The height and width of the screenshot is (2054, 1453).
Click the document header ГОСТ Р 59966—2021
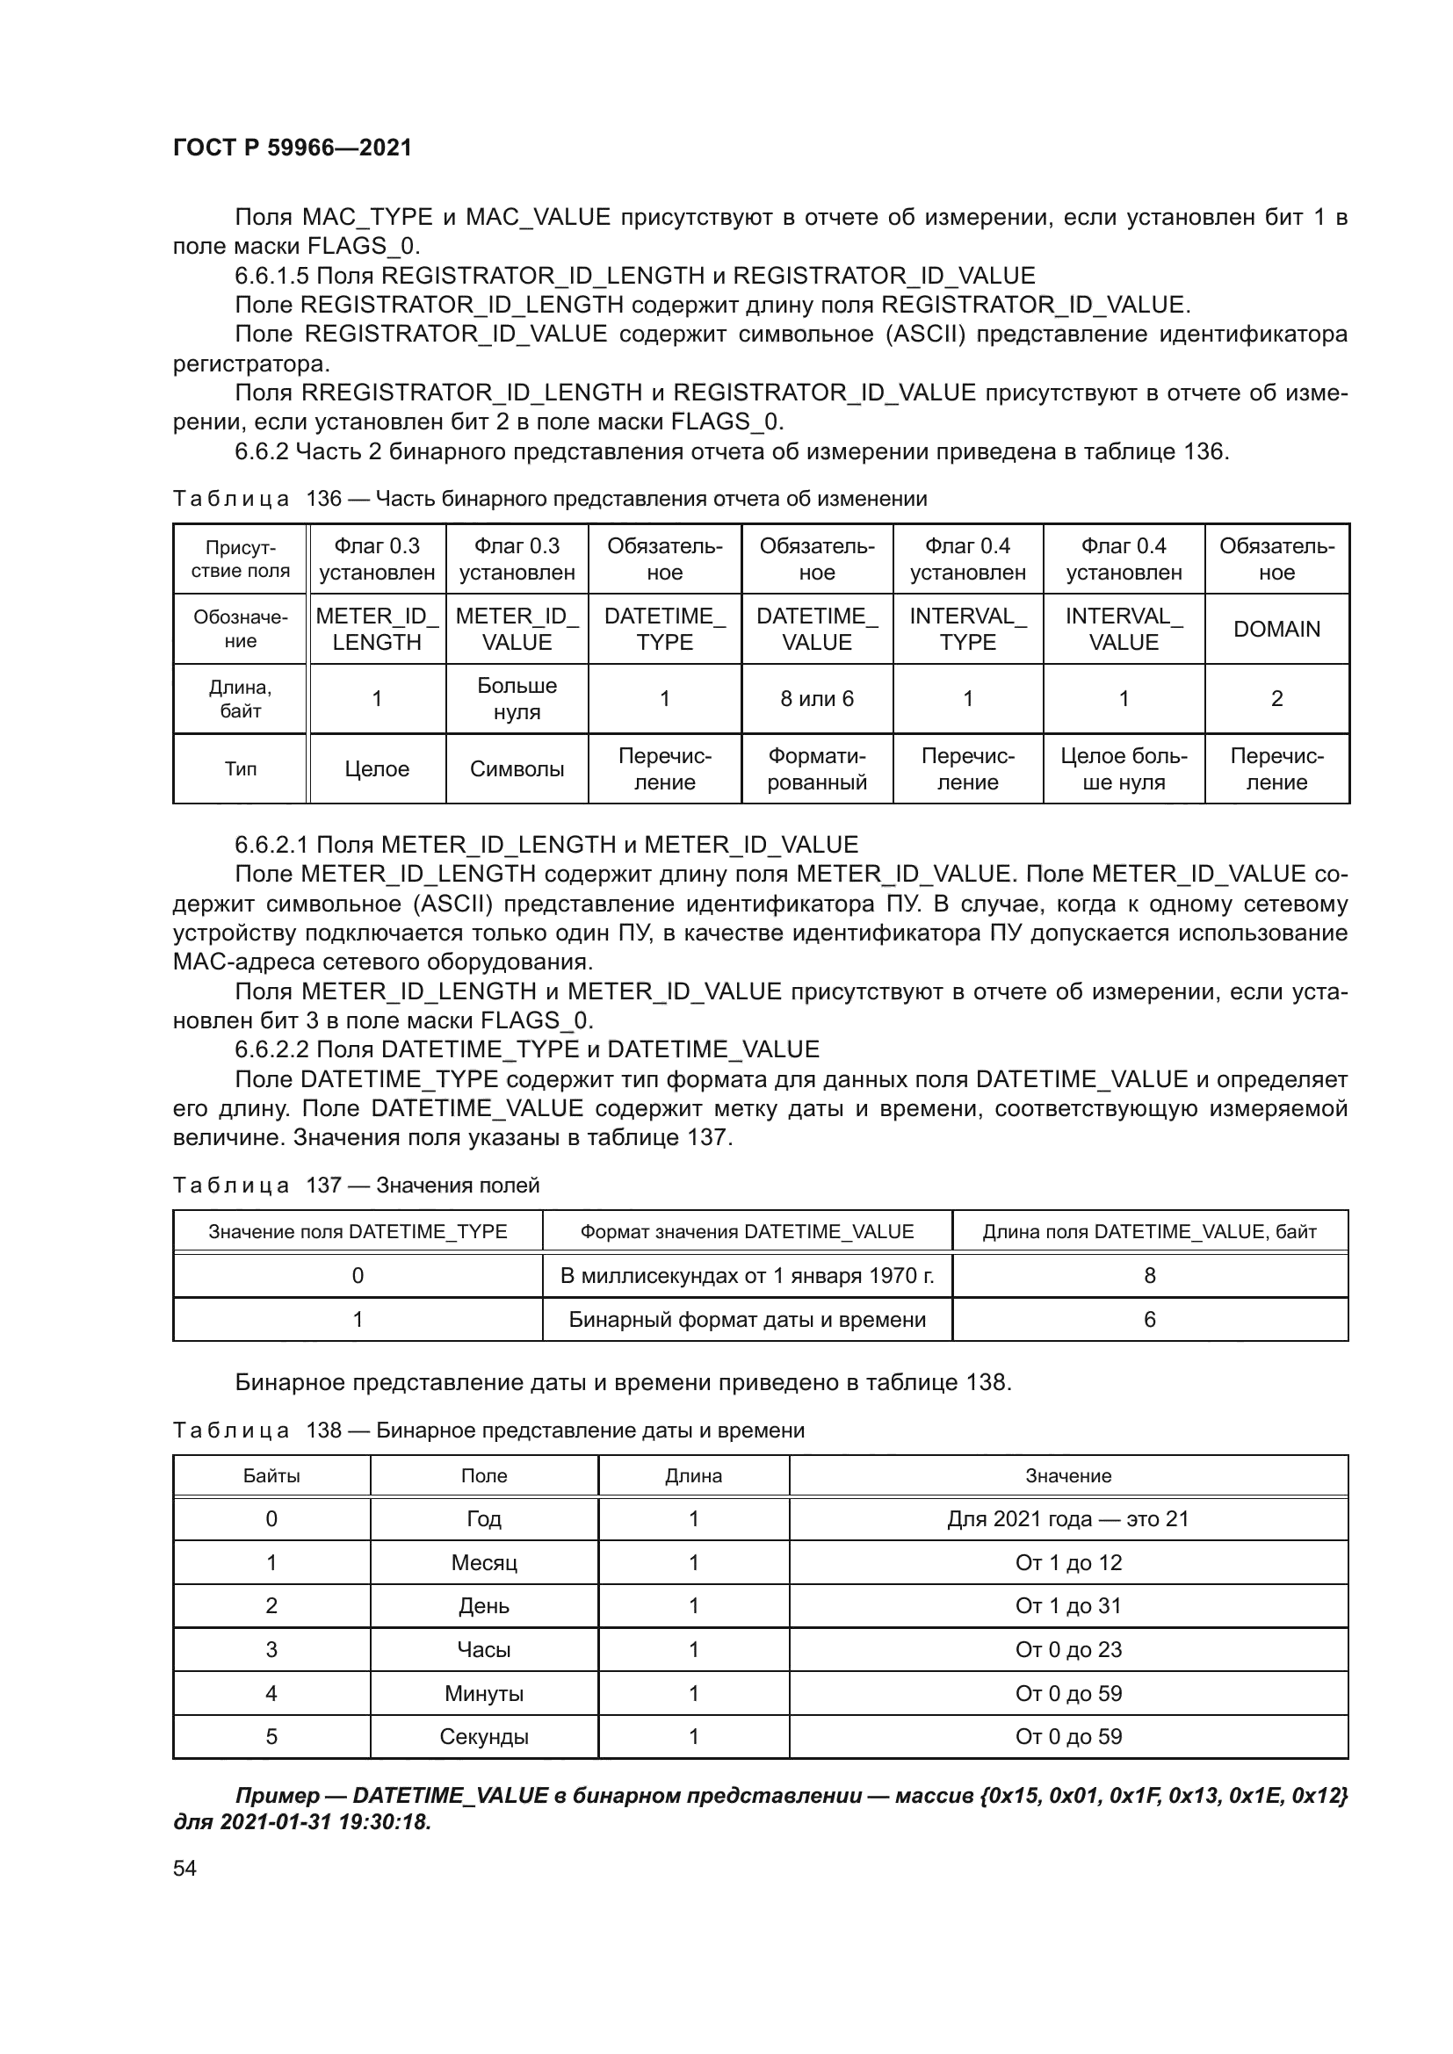[292, 148]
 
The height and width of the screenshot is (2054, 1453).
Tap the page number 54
[184, 1868]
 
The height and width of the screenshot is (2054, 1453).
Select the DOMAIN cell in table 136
[1276, 629]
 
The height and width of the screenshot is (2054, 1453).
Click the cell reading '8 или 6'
[816, 699]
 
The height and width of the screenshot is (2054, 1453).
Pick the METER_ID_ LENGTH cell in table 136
[377, 629]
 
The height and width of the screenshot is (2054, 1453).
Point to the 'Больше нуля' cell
[517, 699]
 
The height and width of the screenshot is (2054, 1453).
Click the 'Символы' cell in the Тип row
[517, 768]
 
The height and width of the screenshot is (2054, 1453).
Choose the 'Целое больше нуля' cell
[1123, 768]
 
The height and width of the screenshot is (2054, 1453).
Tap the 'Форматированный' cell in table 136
[816, 768]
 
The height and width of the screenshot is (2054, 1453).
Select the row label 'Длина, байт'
[240, 699]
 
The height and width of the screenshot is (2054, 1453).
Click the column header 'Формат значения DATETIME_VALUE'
[746, 1232]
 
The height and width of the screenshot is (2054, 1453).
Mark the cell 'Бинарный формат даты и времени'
[746, 1320]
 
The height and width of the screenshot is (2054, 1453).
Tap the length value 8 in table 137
[1149, 1276]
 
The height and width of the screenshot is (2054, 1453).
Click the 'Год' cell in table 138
[483, 1519]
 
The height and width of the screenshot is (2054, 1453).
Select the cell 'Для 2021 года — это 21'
[1067, 1519]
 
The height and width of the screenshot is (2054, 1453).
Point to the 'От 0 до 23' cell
[1067, 1650]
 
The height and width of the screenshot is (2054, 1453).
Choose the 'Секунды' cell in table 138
[483, 1736]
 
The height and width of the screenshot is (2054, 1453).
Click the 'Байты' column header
[271, 1476]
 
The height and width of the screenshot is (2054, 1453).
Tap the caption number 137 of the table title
[324, 1186]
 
